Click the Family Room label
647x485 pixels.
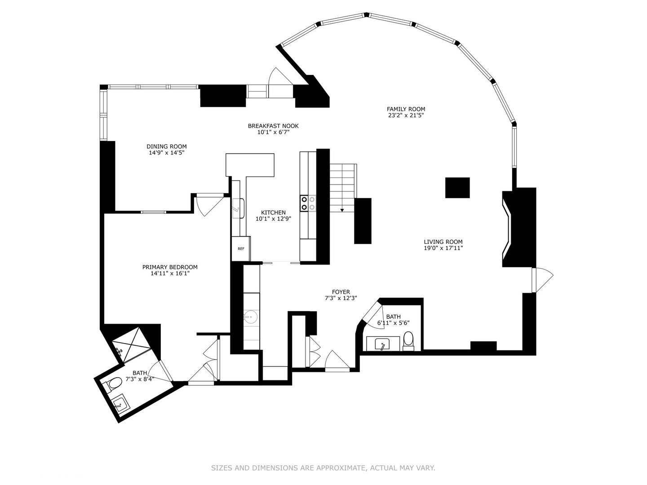coord(406,109)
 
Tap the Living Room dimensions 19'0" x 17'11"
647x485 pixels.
coord(443,248)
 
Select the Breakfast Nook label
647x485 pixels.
coord(273,126)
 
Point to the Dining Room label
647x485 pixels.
coord(166,146)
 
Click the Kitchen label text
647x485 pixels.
coord(273,212)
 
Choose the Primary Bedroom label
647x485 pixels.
coord(170,267)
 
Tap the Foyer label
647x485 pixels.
coord(341,292)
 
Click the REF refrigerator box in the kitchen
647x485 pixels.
coord(241,248)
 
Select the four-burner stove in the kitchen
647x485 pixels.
coord(308,203)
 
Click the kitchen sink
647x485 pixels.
coord(238,208)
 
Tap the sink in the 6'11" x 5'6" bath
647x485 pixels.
coord(382,344)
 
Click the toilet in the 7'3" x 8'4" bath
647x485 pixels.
coord(114,384)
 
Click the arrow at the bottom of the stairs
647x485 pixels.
coord(342,209)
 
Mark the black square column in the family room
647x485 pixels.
coord(457,188)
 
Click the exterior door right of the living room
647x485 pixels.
coord(541,280)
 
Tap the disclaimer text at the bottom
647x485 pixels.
coord(323,468)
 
